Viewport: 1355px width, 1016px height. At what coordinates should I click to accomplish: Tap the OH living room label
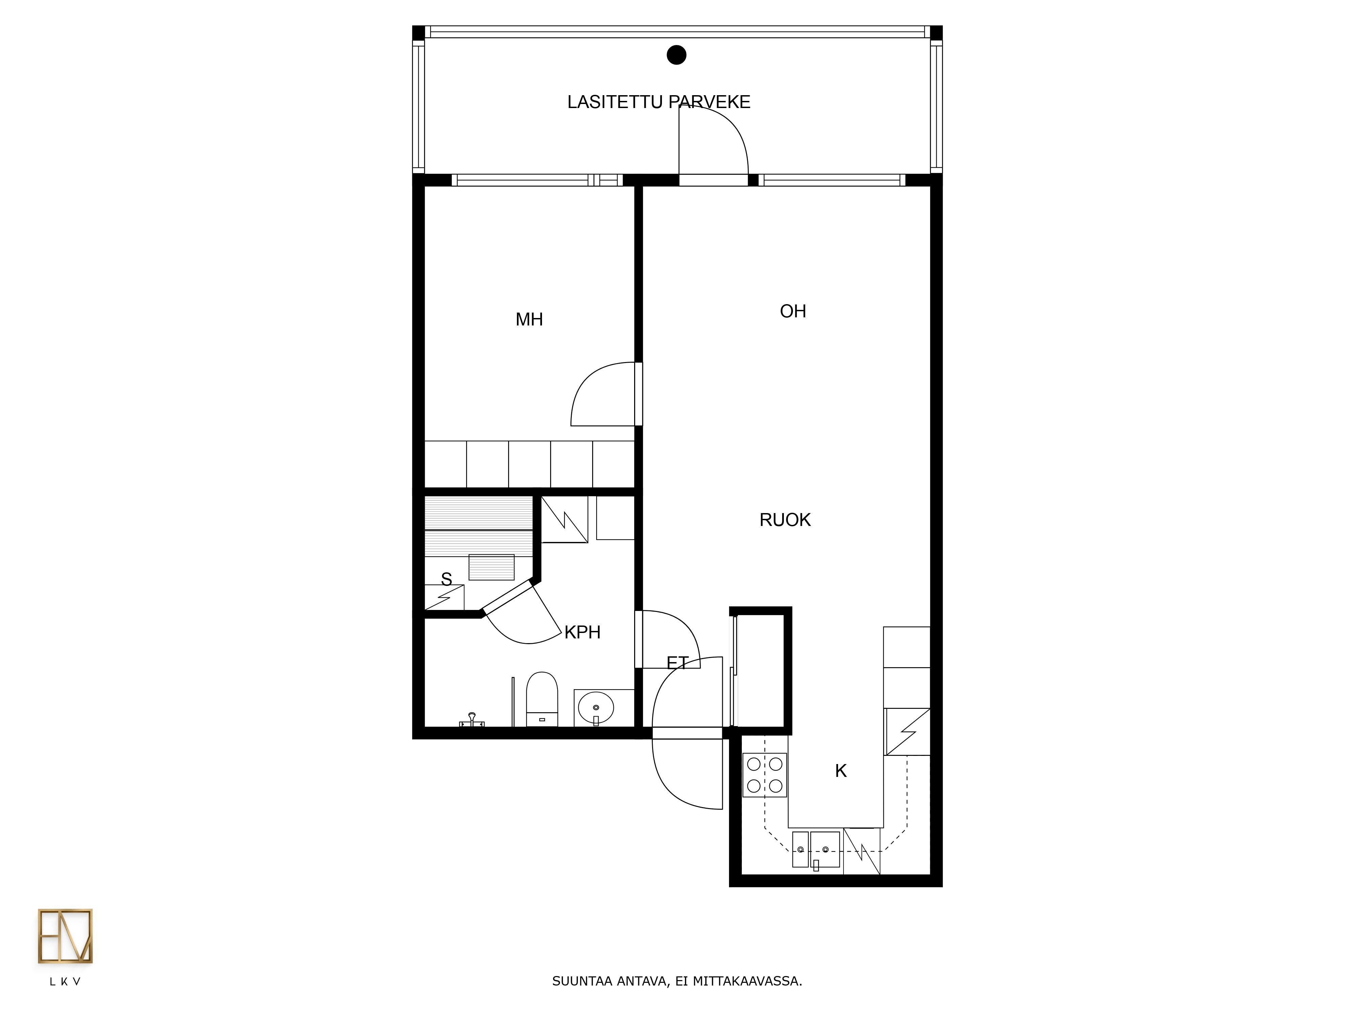793,311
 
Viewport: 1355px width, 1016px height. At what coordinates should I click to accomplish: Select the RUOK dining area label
785,520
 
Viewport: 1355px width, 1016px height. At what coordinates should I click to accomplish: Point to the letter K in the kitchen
841,771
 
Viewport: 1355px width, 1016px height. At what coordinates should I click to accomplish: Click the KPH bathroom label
582,632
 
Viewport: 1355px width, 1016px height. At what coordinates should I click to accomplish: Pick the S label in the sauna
446,579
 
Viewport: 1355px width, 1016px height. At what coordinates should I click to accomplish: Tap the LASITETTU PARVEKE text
659,102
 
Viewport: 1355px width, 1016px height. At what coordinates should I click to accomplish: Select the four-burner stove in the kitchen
765,775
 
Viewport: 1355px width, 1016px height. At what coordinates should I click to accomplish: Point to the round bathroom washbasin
596,707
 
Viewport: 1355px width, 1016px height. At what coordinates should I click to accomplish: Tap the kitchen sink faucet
816,865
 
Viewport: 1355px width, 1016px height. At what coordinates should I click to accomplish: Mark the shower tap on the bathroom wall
472,720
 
